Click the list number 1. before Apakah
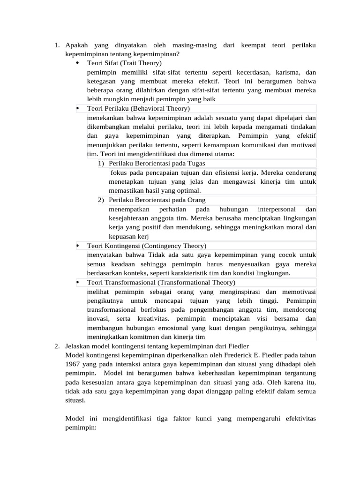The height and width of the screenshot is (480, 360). [56, 45]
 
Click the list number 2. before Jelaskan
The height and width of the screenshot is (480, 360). [56, 346]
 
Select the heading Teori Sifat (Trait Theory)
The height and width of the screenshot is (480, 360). [124, 63]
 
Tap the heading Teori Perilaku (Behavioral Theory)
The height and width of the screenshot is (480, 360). [138, 108]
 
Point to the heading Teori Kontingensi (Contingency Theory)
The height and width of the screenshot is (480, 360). [147, 246]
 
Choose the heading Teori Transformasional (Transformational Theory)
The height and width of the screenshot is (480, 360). [161, 282]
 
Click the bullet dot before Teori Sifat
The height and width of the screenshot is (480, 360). [77, 63]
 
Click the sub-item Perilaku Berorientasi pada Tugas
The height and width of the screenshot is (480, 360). [157, 163]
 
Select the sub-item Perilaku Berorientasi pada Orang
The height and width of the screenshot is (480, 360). [157, 200]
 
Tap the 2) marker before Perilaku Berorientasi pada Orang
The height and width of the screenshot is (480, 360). [101, 200]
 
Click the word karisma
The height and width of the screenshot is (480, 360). [286, 72]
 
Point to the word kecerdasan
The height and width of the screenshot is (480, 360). [250, 72]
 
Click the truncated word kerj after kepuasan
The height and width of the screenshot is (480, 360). [149, 236]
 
